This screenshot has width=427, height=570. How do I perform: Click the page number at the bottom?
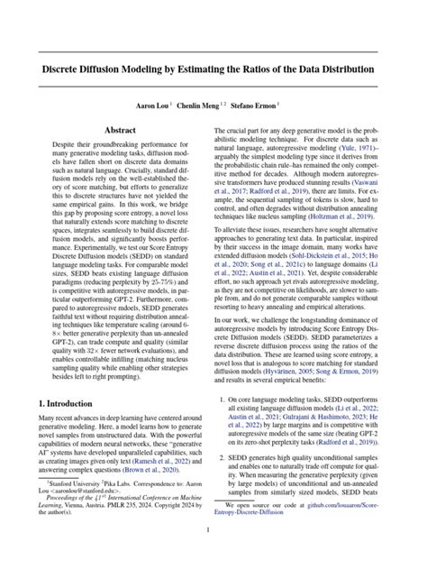[213, 555]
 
